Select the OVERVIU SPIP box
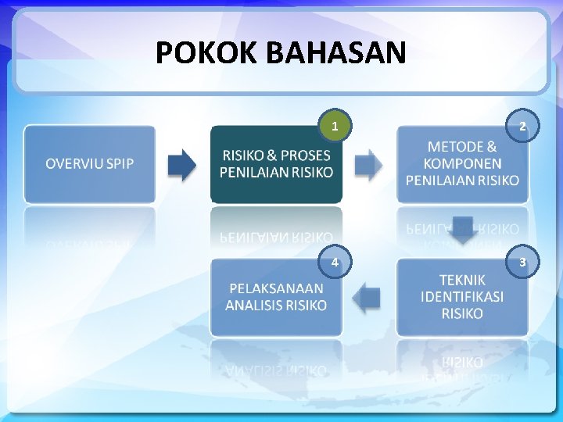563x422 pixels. coord(89,164)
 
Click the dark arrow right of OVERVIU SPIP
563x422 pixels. coord(183,164)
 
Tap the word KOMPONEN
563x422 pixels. coord(462,163)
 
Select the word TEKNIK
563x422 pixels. coord(462,280)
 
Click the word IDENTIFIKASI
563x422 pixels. coord(462,297)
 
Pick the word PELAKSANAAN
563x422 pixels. coord(276,288)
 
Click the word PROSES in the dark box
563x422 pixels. coord(306,156)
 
